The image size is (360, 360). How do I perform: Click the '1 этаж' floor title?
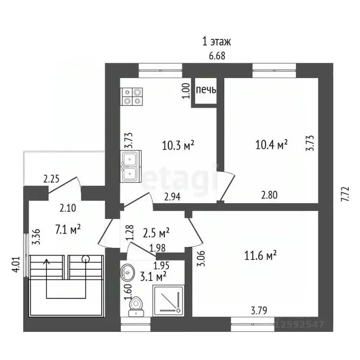click(x=216, y=42)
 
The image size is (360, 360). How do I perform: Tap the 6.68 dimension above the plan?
click(x=217, y=56)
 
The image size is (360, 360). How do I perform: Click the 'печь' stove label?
click(x=206, y=90)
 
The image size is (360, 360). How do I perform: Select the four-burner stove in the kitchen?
click(x=132, y=97)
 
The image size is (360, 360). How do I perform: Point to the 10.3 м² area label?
click(x=178, y=146)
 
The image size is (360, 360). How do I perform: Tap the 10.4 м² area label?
click(x=271, y=145)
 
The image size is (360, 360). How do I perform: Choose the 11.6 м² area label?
click(x=260, y=256)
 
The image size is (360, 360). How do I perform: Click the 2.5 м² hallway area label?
click(x=156, y=233)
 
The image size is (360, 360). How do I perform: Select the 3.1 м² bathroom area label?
click(x=153, y=277)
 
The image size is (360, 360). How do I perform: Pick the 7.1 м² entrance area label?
click(x=68, y=230)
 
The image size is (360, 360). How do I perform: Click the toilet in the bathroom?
click(x=136, y=307)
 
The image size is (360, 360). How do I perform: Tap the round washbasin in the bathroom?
click(x=127, y=272)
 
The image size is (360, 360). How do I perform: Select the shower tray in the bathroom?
click(x=169, y=300)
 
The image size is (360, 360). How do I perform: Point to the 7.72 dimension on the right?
click(x=345, y=194)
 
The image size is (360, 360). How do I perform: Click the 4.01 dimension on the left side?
click(x=16, y=264)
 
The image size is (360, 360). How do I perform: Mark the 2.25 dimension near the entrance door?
click(x=52, y=179)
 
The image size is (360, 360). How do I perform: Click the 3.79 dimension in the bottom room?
click(x=259, y=311)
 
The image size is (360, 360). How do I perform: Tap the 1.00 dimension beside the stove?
click(x=186, y=90)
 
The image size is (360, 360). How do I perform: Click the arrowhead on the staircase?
click(x=47, y=261)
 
